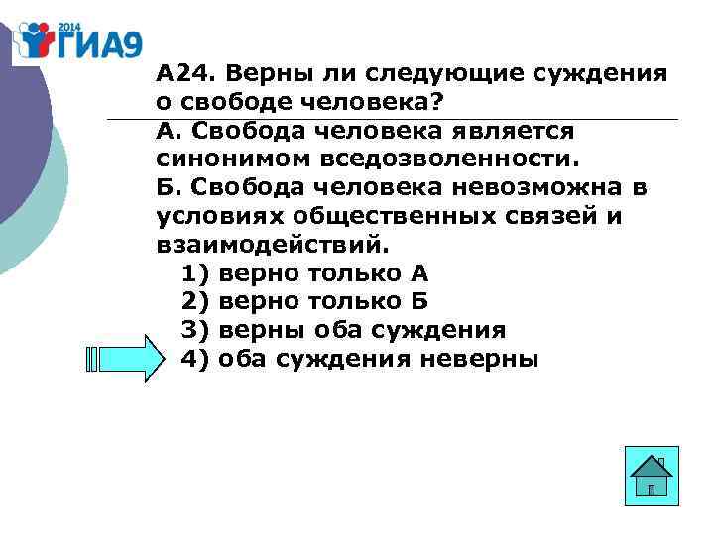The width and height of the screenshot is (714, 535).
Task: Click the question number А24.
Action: [183, 74]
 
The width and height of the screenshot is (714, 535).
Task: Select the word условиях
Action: [213, 216]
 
